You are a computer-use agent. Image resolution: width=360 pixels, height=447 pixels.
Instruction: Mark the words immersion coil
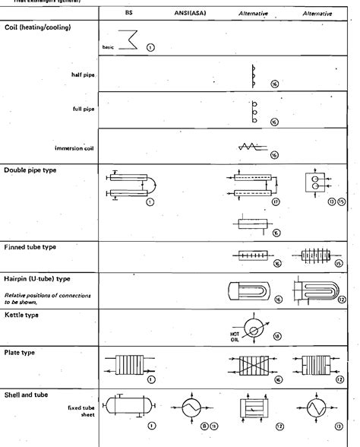coord(75,148)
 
